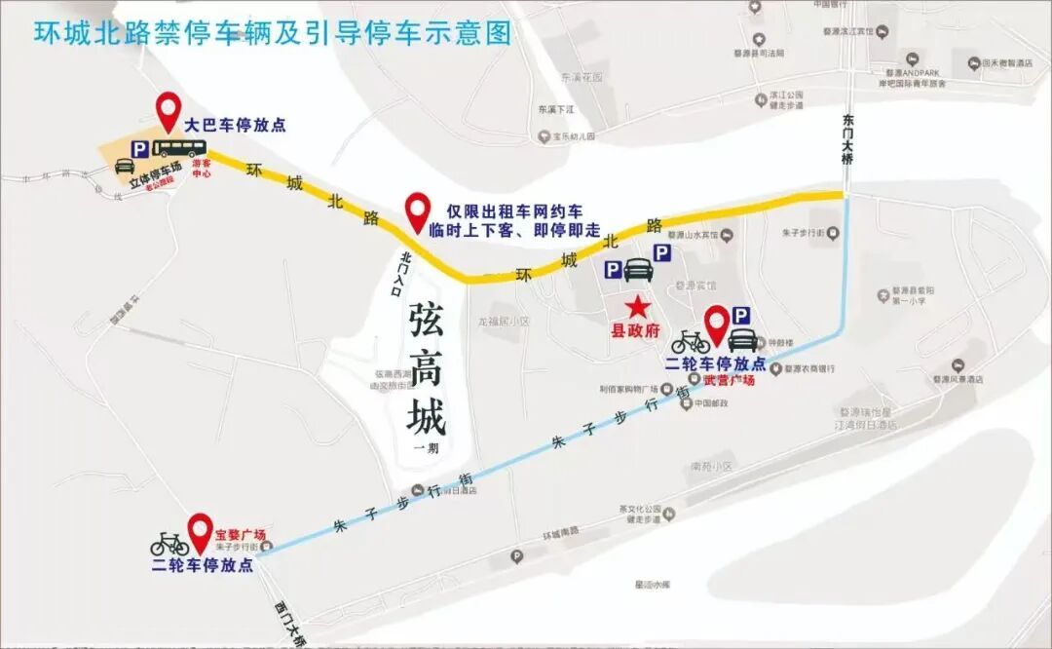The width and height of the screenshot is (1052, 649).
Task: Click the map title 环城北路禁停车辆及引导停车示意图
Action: [x=273, y=33]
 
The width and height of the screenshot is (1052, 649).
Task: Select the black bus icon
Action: [x=181, y=148]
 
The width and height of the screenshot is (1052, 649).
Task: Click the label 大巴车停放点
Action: [x=236, y=126]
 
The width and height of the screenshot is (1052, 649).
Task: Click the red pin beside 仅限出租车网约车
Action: [x=418, y=209]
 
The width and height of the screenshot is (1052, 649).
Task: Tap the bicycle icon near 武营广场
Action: [x=690, y=341]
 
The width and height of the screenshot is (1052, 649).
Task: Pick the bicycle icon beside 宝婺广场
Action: [x=169, y=544]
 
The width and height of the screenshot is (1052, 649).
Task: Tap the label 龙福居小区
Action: [x=504, y=320]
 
